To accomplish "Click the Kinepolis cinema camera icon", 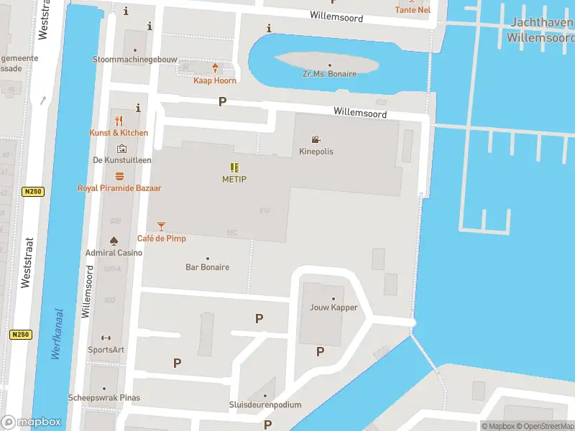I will pos(316,139).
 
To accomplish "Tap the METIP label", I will pos(234,179).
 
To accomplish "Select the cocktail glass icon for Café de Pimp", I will pos(161,226).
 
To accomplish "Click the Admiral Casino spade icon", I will pos(114,241).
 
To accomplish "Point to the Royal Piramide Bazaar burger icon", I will pos(119,176).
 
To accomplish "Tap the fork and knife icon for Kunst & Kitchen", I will pos(119,121).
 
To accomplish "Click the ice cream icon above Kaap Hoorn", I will pos(215,68).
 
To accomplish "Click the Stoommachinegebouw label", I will pos(135,60).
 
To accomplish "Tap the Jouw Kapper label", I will pos(333,307).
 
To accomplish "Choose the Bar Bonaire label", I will pos(208,267).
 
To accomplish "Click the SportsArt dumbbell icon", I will pos(106,338).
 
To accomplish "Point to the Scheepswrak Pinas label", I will pos(104,398).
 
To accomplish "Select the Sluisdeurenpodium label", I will pos(265,405).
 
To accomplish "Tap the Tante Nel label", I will pos(413,10).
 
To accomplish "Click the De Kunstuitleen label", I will pos(122,160).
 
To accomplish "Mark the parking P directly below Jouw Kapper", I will pos(321,351).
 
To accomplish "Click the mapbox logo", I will pos(31,422).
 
